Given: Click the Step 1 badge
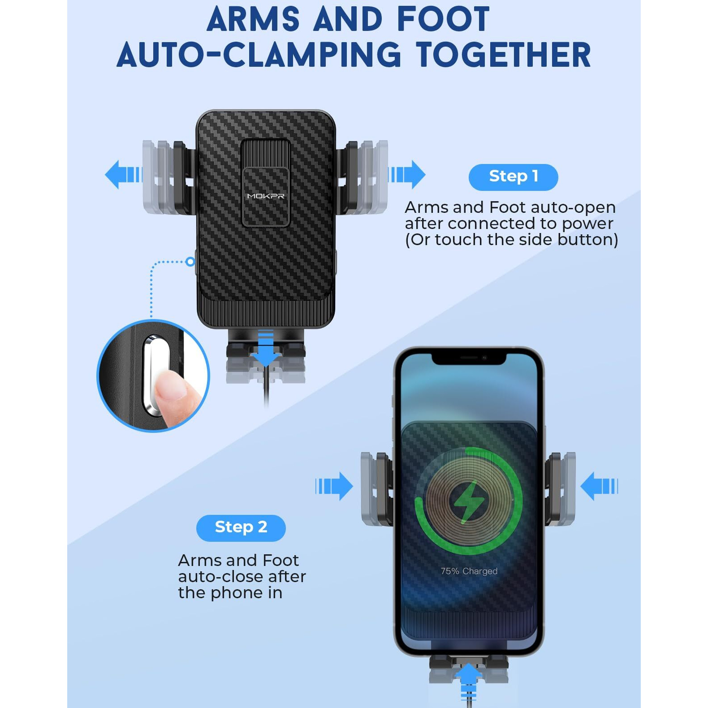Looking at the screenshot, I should coord(513,177).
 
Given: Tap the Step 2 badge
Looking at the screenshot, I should coord(241,527).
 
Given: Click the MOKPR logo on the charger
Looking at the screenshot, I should coord(266,196).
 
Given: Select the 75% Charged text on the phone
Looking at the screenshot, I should coord(469,571).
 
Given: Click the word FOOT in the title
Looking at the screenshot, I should coord(443,20).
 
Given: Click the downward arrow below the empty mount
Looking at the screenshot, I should coord(266,350).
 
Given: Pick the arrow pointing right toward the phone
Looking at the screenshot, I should coord(334,486).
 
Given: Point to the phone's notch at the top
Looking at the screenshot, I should coord(469,358).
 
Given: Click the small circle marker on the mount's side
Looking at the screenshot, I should coord(190,261).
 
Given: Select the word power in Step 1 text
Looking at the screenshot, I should coord(587,224).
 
